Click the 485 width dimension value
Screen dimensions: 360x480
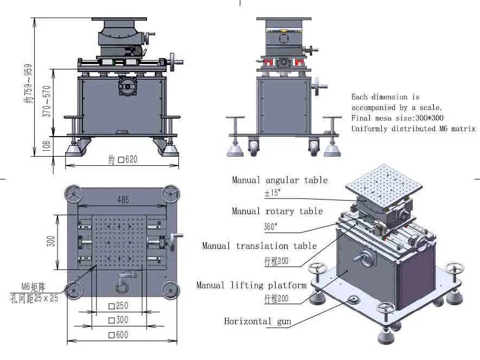pos(124,200)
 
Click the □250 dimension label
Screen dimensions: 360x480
pos(118,306)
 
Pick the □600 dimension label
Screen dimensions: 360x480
pos(118,335)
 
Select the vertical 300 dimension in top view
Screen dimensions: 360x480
pos(51,242)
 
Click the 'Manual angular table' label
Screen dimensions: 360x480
pos(280,180)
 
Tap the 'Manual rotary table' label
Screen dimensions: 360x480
pos(277,211)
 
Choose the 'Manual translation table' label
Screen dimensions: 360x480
pos(259,246)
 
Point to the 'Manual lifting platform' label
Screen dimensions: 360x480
pos(251,285)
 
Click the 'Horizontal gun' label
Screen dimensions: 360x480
pos(258,322)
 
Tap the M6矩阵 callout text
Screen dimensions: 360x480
pos(33,286)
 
